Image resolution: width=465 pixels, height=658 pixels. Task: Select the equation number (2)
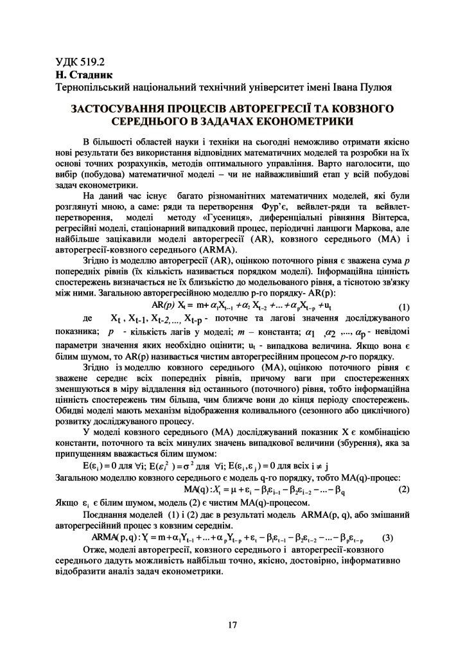coord(404,490)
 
